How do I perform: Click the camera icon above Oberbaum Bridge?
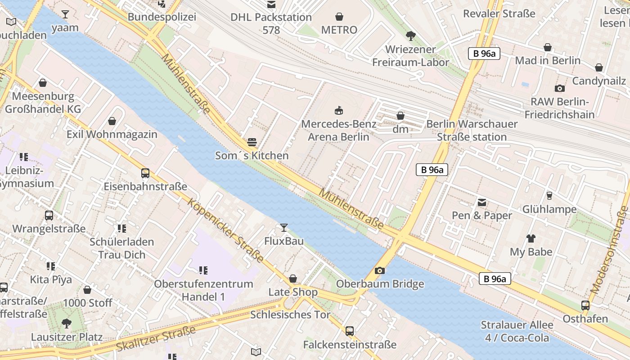[380, 270]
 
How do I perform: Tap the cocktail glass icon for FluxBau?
[283, 227]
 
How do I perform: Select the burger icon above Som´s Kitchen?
[252, 142]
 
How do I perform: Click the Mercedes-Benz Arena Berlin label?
[338, 130]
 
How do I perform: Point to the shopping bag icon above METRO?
[339, 17]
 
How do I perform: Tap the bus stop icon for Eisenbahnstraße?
[145, 173]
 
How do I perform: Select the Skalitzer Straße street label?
[156, 339]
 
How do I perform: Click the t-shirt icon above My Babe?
[531, 238]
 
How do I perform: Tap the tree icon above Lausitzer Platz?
[67, 323]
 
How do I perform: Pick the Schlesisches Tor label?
[290, 315]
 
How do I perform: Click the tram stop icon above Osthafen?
[585, 305]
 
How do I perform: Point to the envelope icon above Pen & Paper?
[482, 202]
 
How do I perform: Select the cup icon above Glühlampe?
[549, 195]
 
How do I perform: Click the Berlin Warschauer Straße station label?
[472, 130]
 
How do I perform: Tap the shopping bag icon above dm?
[400, 116]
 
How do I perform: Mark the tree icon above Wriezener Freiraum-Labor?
[410, 36]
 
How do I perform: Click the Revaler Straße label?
[499, 13]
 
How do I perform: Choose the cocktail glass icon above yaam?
[65, 14]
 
